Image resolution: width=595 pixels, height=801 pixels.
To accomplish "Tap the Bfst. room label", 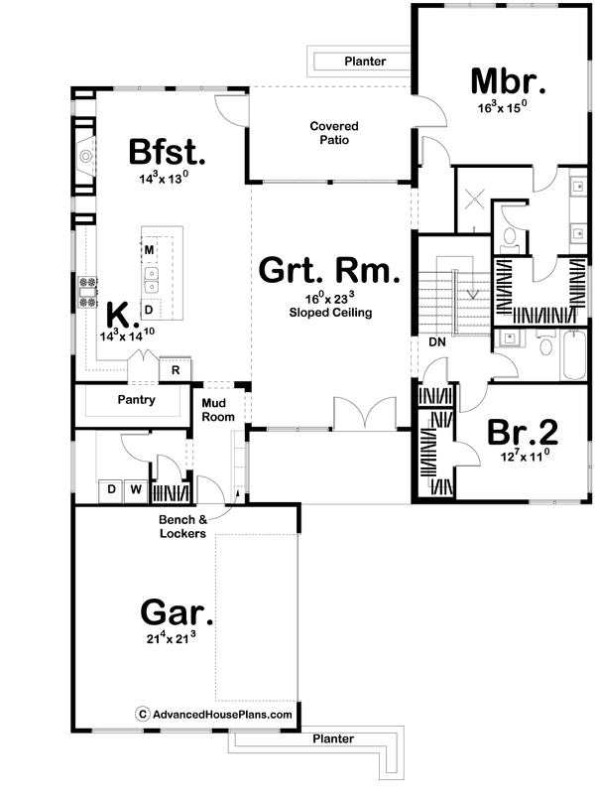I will (167, 153).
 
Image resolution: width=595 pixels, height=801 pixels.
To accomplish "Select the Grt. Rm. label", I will (330, 270).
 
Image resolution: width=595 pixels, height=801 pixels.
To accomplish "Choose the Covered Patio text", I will (333, 133).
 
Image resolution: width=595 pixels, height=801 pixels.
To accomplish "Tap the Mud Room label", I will (218, 410).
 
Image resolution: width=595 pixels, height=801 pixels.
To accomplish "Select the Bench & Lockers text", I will (181, 526).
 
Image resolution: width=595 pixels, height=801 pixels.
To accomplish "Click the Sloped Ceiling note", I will (330, 312).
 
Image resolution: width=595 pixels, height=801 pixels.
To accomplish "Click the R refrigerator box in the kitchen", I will (176, 369).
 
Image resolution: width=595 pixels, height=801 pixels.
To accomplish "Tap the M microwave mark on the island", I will (149, 248).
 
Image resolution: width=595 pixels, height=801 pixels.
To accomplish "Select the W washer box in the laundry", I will (135, 489).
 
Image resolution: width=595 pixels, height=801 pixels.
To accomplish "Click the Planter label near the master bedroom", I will (364, 62).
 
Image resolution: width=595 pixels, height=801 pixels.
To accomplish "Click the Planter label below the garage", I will (332, 739).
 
